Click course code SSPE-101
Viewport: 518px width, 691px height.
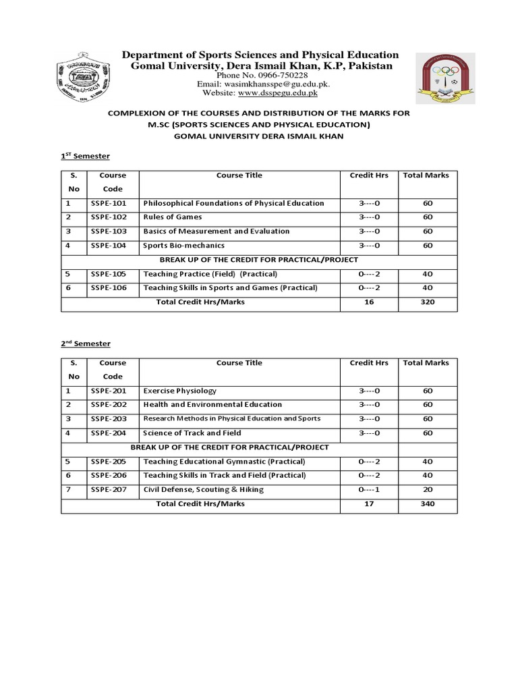[x=108, y=203]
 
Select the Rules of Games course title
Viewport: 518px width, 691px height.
[x=172, y=217]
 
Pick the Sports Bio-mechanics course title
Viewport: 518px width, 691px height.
[x=183, y=246]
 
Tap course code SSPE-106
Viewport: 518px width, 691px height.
[x=108, y=288]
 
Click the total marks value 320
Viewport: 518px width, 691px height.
[x=427, y=302]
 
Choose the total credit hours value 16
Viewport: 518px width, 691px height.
[x=369, y=302]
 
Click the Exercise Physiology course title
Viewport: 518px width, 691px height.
[x=179, y=391]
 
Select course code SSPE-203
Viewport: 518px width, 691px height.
[x=108, y=419]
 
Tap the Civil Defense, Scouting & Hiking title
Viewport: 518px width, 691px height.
[x=203, y=489]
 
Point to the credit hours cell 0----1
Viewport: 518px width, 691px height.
[x=369, y=489]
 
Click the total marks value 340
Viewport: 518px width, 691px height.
[x=427, y=503]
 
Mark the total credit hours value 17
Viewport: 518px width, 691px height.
[x=369, y=503]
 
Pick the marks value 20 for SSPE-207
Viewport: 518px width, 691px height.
[x=428, y=489]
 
